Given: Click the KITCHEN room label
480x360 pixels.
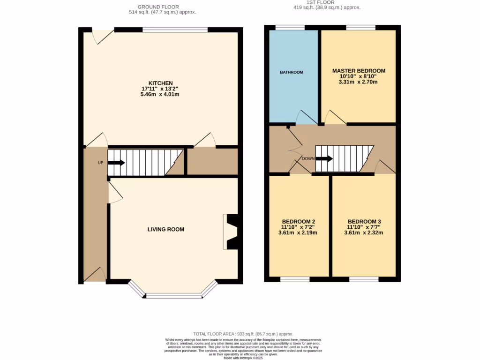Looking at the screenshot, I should click(161, 83).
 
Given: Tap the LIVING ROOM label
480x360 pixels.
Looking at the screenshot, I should click(166, 229).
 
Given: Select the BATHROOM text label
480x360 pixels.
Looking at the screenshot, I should click(292, 72).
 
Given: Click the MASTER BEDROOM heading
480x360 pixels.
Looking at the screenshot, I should click(359, 71).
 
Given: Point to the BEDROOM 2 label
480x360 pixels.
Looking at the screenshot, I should click(298, 221).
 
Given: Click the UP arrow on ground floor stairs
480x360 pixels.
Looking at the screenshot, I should click(116, 163).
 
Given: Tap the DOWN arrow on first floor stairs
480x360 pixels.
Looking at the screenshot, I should click(324, 158).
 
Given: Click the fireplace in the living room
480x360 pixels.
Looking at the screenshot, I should click(231, 232).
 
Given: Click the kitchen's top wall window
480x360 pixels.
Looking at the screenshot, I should click(175, 30).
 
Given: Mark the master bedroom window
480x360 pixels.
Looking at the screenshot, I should click(360, 27).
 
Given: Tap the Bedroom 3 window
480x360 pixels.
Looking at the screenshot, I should click(363, 279).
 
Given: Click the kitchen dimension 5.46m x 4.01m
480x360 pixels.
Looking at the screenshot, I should click(161, 94).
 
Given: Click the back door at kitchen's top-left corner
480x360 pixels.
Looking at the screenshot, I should click(103, 36).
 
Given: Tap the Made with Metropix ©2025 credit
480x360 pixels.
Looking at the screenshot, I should click(243, 358).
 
